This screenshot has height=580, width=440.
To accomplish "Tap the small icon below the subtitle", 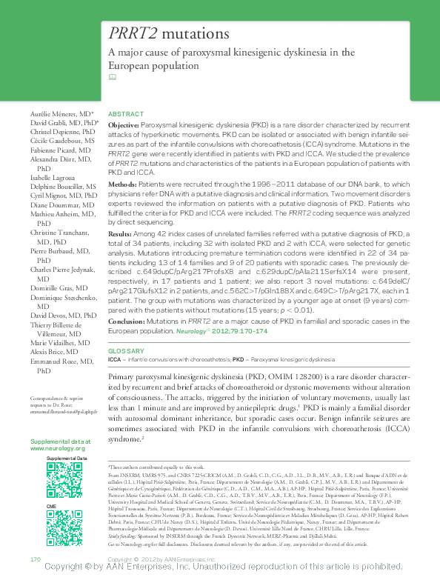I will tap(113, 77).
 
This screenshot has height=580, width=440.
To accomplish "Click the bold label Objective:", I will tap(123, 127).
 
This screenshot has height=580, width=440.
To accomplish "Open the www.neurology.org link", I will tap(58, 449).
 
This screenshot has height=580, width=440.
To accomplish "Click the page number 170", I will tap(33, 558).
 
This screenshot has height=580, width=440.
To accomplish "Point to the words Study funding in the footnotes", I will tap(122, 537).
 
